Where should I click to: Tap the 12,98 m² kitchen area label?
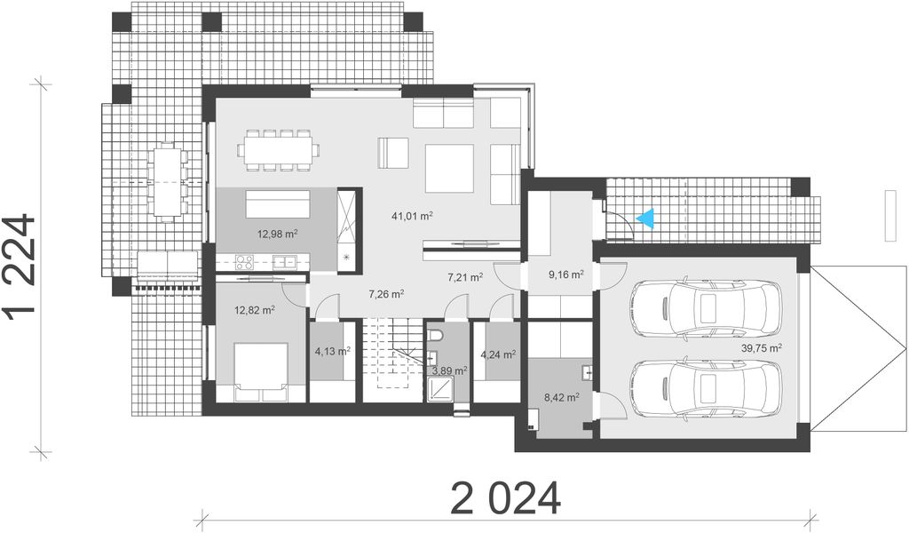[x=278, y=234]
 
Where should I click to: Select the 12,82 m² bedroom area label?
[x=254, y=310]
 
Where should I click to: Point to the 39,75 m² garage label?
[x=762, y=348]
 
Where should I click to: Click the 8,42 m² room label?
[x=561, y=398]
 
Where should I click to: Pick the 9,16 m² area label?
[x=565, y=274]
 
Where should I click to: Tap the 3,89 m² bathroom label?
[x=449, y=370]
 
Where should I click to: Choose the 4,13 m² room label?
[x=331, y=351]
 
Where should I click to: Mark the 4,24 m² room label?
[x=498, y=354]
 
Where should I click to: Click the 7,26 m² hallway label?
[x=387, y=293]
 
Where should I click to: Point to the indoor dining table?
[x=278, y=148]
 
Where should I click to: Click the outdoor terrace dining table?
[x=167, y=180]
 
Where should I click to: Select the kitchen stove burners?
[x=243, y=261]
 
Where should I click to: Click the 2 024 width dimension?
[x=506, y=498]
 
